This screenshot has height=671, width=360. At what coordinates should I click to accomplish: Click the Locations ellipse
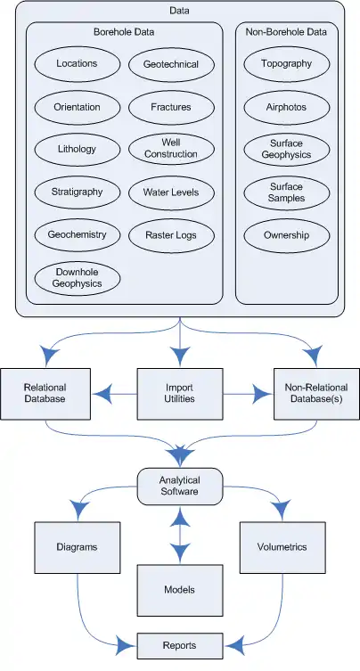click(x=77, y=64)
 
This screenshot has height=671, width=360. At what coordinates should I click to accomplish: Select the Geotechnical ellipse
click(x=171, y=65)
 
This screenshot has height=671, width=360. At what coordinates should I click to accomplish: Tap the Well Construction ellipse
click(x=171, y=150)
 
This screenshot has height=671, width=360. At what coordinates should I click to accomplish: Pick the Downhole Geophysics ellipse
click(x=77, y=279)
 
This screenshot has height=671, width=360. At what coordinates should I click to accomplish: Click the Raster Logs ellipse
click(x=171, y=235)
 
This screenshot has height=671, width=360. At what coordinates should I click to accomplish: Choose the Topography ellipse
click(x=287, y=64)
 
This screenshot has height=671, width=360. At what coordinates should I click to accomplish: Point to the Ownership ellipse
click(x=287, y=235)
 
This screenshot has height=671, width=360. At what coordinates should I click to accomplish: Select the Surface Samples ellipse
click(x=287, y=192)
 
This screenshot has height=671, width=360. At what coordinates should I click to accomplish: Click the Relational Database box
click(x=45, y=394)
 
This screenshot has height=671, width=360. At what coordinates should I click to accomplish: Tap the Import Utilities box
click(x=180, y=394)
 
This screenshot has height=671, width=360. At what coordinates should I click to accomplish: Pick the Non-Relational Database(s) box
click(x=316, y=394)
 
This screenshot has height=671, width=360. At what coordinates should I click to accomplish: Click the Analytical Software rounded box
click(x=180, y=487)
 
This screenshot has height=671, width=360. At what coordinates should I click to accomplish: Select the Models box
click(x=180, y=591)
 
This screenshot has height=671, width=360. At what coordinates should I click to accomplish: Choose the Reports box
click(x=180, y=646)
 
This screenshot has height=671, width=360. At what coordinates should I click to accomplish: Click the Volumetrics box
click(x=282, y=547)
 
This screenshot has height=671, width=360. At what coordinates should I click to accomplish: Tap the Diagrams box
click(x=77, y=547)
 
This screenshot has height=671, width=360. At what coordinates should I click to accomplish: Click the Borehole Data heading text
click(x=124, y=32)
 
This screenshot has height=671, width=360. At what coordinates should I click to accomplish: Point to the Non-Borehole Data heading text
click(x=286, y=32)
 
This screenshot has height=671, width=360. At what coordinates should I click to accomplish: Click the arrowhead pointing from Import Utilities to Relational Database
click(x=102, y=394)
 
